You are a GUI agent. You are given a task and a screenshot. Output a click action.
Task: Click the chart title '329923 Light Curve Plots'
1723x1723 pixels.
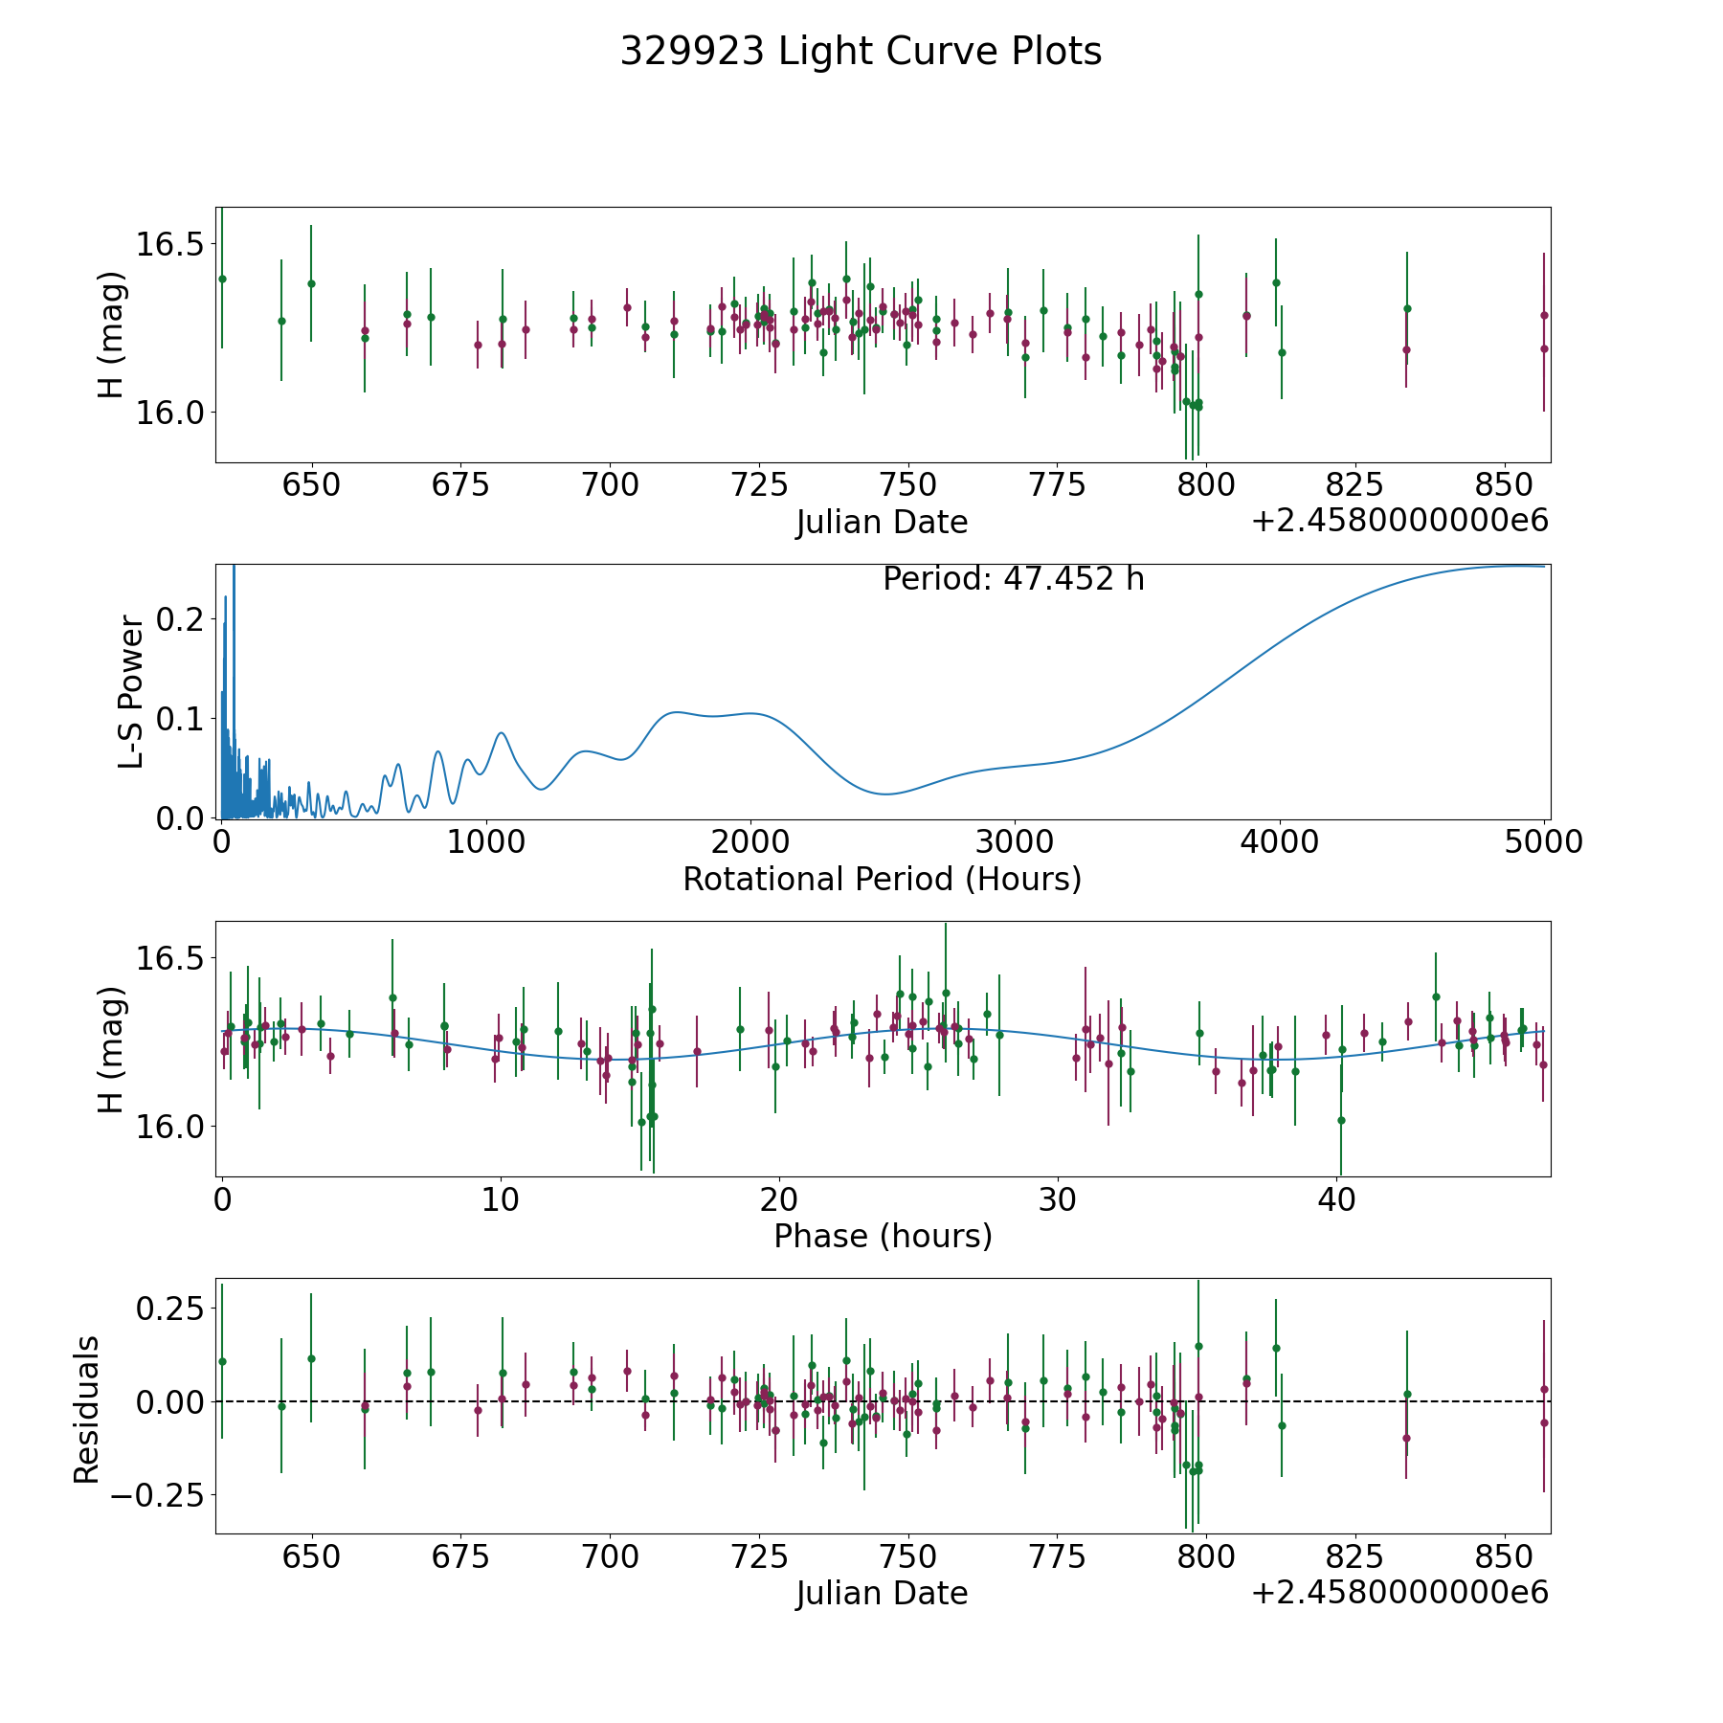(x=861, y=52)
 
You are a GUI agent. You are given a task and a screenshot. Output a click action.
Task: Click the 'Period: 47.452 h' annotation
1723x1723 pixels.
(x=1013, y=579)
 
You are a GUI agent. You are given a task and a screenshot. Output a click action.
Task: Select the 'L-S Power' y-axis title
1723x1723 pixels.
(x=131, y=692)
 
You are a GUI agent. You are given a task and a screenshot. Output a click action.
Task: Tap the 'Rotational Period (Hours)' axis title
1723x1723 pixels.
(x=882, y=879)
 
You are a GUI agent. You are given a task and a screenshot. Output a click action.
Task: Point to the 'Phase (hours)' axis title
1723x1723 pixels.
(x=883, y=1236)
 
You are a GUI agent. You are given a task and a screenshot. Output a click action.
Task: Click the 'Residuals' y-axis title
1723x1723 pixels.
(x=86, y=1409)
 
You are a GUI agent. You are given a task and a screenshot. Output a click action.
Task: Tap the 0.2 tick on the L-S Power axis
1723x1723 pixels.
(x=181, y=618)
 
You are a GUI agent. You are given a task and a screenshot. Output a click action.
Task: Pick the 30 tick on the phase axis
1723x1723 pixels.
(x=1058, y=1199)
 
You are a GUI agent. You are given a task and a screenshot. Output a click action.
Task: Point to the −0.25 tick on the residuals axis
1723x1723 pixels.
(x=158, y=1495)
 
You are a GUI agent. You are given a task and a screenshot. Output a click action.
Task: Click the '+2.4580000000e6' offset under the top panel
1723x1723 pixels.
(x=1399, y=521)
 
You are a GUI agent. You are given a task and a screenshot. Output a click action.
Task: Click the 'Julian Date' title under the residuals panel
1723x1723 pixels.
(x=882, y=1593)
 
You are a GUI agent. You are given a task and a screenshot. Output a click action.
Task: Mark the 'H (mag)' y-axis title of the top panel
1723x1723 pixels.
(x=111, y=335)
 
